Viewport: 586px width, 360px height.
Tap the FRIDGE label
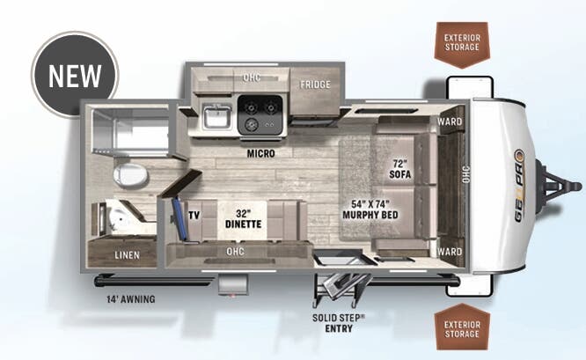[314, 85]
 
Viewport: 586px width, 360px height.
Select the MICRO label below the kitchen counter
[260, 153]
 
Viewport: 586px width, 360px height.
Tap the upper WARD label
[450, 121]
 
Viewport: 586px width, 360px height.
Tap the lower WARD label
[450, 252]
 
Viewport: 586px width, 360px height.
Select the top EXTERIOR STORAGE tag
[462, 41]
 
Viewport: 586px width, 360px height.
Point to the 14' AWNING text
[127, 299]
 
